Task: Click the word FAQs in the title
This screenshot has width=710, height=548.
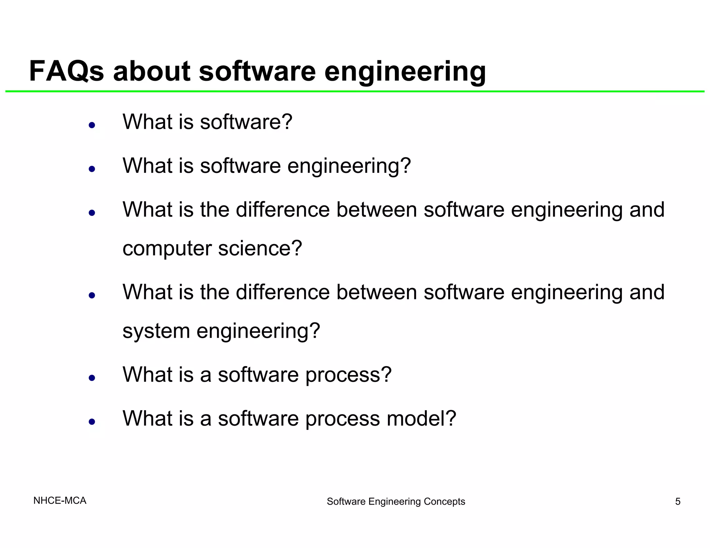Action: click(x=66, y=71)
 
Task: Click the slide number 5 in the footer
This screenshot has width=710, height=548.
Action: click(x=677, y=501)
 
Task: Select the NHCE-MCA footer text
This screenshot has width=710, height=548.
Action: click(x=60, y=501)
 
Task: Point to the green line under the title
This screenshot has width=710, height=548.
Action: click(x=355, y=91)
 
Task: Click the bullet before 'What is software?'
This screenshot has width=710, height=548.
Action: click(x=92, y=125)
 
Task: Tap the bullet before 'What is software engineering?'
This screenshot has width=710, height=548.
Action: click(x=92, y=169)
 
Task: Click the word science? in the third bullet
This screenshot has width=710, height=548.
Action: click(x=260, y=249)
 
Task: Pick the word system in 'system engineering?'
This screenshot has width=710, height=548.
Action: click(x=156, y=331)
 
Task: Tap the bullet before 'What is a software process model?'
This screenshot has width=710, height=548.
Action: click(x=92, y=422)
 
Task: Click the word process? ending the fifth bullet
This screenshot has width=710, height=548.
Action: click(x=348, y=375)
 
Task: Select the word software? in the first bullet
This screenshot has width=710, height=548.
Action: click(x=246, y=122)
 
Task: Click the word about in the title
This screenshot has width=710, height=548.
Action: click(x=151, y=71)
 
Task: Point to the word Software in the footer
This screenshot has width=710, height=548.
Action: click(x=346, y=501)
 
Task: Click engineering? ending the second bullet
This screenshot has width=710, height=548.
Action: click(x=349, y=167)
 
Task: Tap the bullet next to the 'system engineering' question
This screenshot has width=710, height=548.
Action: click(x=92, y=295)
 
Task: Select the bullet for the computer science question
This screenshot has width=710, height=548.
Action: click(x=92, y=213)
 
